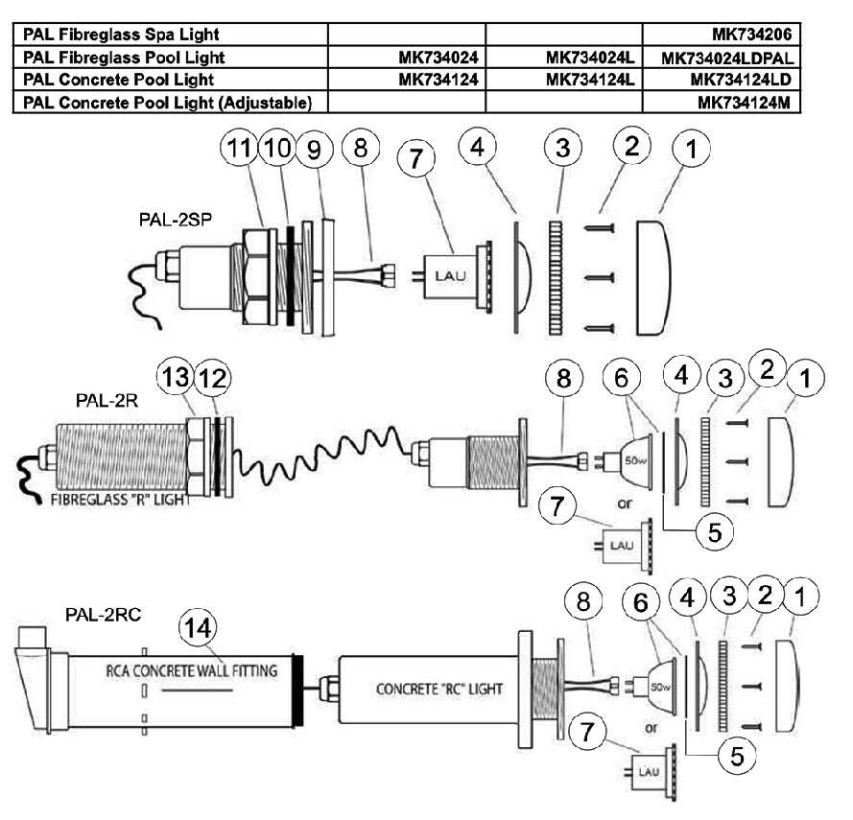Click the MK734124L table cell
pos(590,80)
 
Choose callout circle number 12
pos(212,377)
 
